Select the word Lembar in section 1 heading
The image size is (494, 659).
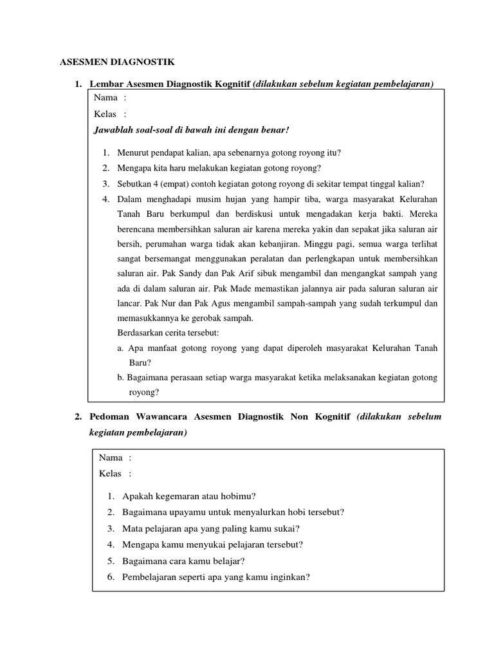pyautogui.click(x=105, y=84)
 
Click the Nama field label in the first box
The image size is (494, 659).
pyautogui.click(x=105, y=98)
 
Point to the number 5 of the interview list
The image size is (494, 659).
pyautogui.click(x=111, y=561)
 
